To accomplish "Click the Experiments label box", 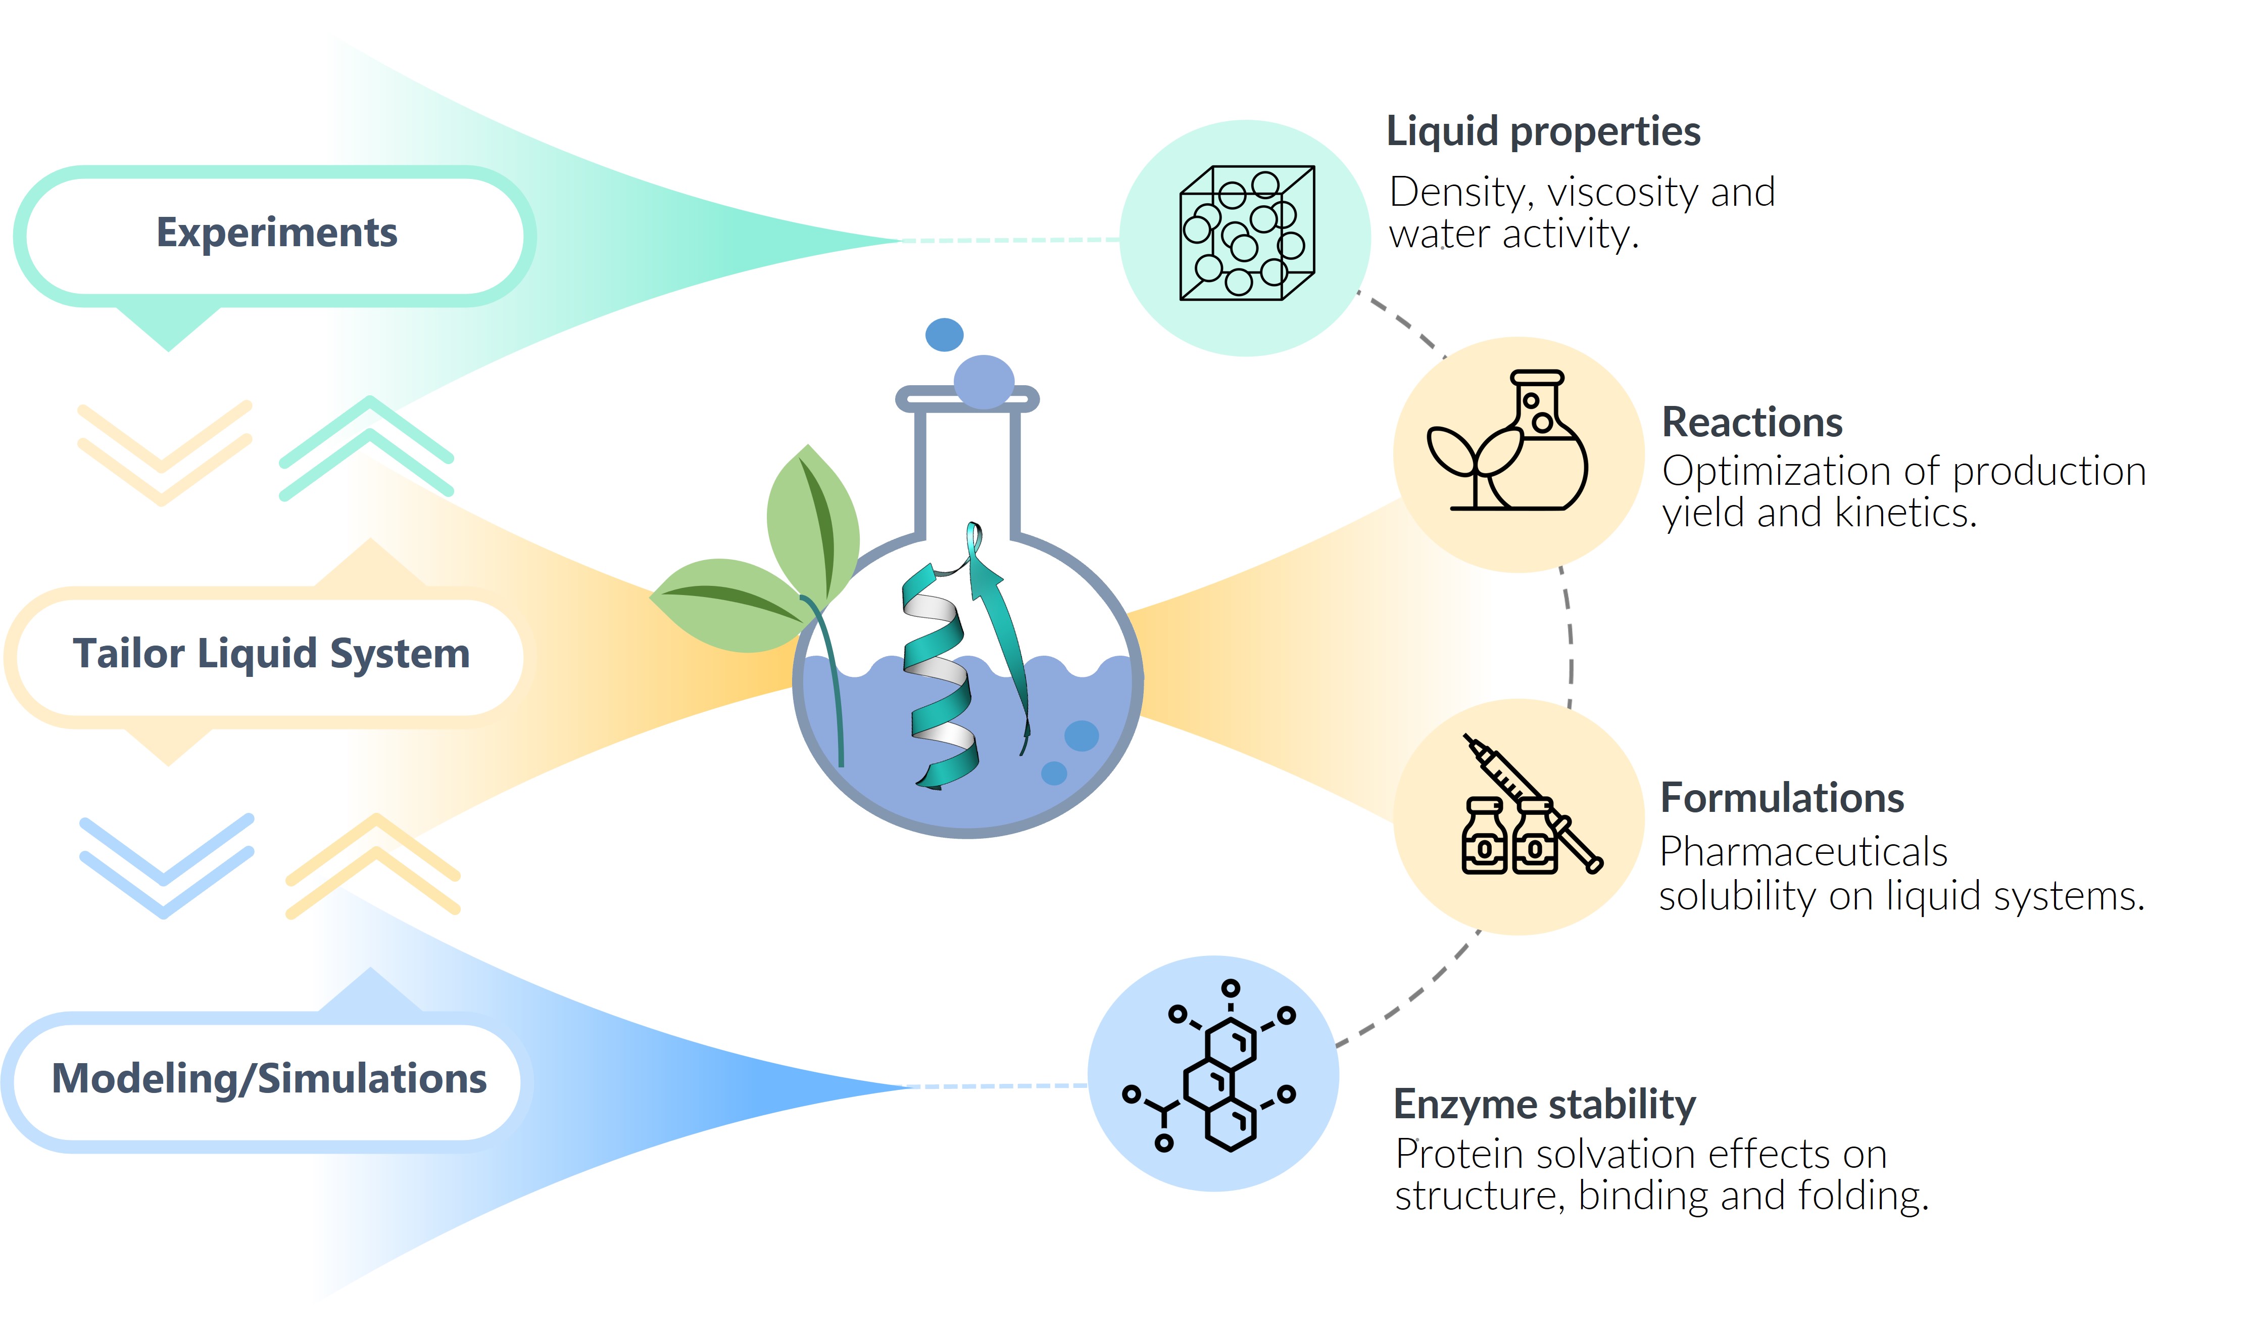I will (x=275, y=234).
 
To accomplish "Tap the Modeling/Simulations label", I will (x=269, y=1079).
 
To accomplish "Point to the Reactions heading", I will (x=1751, y=422).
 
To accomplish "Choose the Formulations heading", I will (x=1782, y=798).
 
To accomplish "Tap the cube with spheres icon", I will (x=1247, y=234).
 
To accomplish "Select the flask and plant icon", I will (x=1508, y=442).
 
